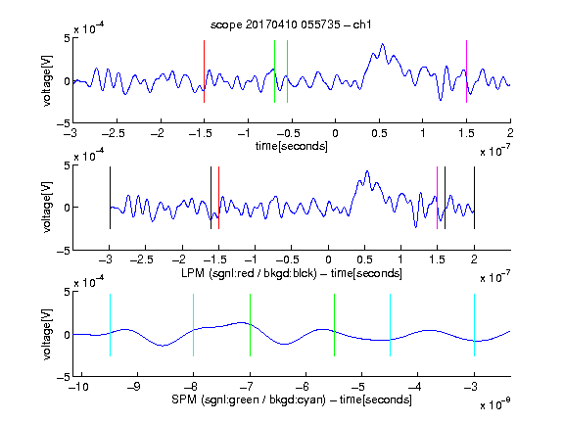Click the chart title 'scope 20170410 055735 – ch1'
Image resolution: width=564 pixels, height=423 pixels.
pos(291,24)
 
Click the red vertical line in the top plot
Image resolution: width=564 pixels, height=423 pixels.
pos(204,71)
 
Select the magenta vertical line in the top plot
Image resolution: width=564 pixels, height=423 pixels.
pos(466,71)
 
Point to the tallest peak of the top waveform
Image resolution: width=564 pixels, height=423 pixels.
pos(382,44)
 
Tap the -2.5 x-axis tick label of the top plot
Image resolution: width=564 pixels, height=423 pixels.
pos(114,133)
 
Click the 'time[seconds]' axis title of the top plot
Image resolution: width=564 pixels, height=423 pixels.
pos(292,146)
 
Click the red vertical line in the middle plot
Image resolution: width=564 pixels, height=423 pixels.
pos(218,198)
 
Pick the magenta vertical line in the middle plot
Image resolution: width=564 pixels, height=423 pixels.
pos(437,198)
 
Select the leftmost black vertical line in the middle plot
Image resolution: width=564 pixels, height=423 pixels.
pos(110,198)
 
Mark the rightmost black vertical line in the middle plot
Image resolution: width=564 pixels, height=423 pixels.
pos(474,198)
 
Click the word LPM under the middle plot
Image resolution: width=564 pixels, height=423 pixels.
pos(193,273)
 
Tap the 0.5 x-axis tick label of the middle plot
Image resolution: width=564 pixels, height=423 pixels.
pos(364,259)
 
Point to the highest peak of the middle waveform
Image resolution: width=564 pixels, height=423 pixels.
pos(367,171)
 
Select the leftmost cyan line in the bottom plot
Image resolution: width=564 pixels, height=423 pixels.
pos(110,325)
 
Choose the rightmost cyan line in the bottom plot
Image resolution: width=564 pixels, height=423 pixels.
pos(474,325)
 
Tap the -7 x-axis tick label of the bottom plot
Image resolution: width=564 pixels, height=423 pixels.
pos(246,387)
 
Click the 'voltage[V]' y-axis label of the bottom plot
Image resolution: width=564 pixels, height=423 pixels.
pos(47,334)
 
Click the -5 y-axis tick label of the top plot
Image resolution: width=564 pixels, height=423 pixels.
pos(64,123)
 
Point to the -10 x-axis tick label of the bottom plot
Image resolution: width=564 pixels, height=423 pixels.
pos(78,387)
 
